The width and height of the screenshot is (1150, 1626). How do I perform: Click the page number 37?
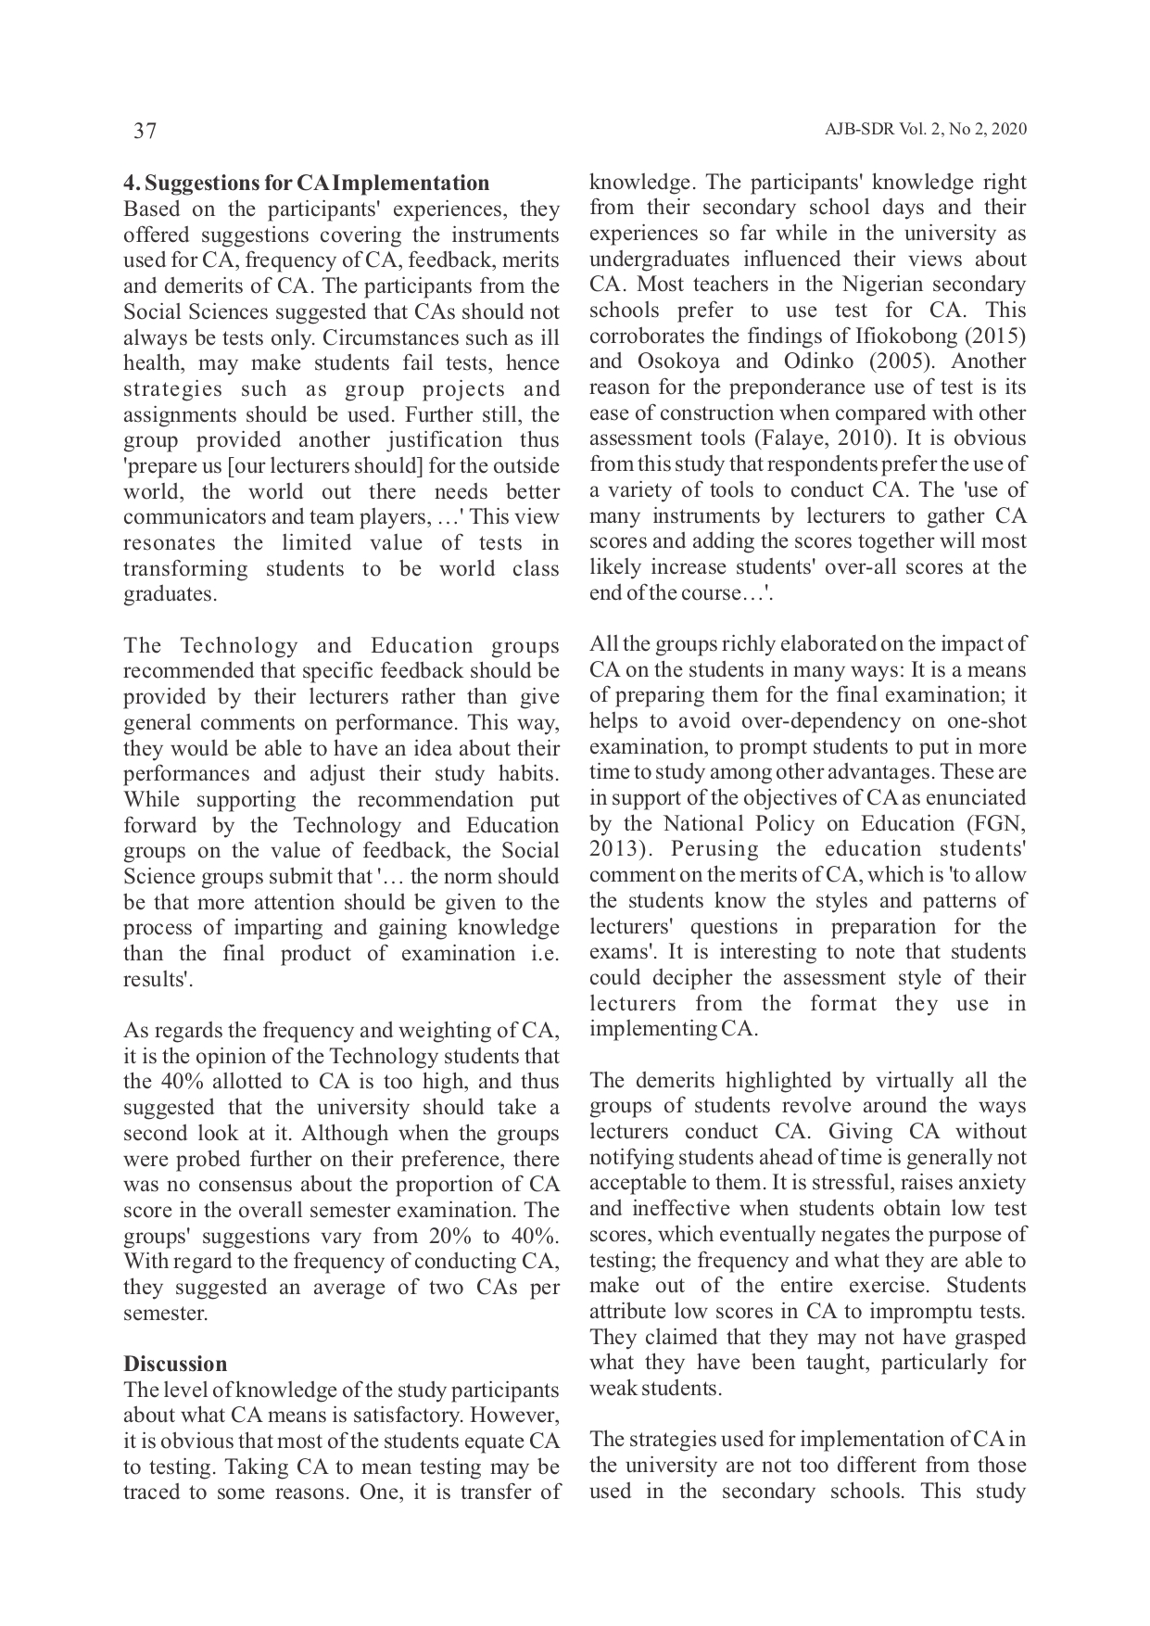[x=145, y=131]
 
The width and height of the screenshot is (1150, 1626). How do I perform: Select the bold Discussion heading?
[x=175, y=1364]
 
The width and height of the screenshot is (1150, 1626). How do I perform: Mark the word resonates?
[x=169, y=543]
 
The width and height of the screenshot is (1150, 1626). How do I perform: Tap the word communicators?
[x=190, y=517]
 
